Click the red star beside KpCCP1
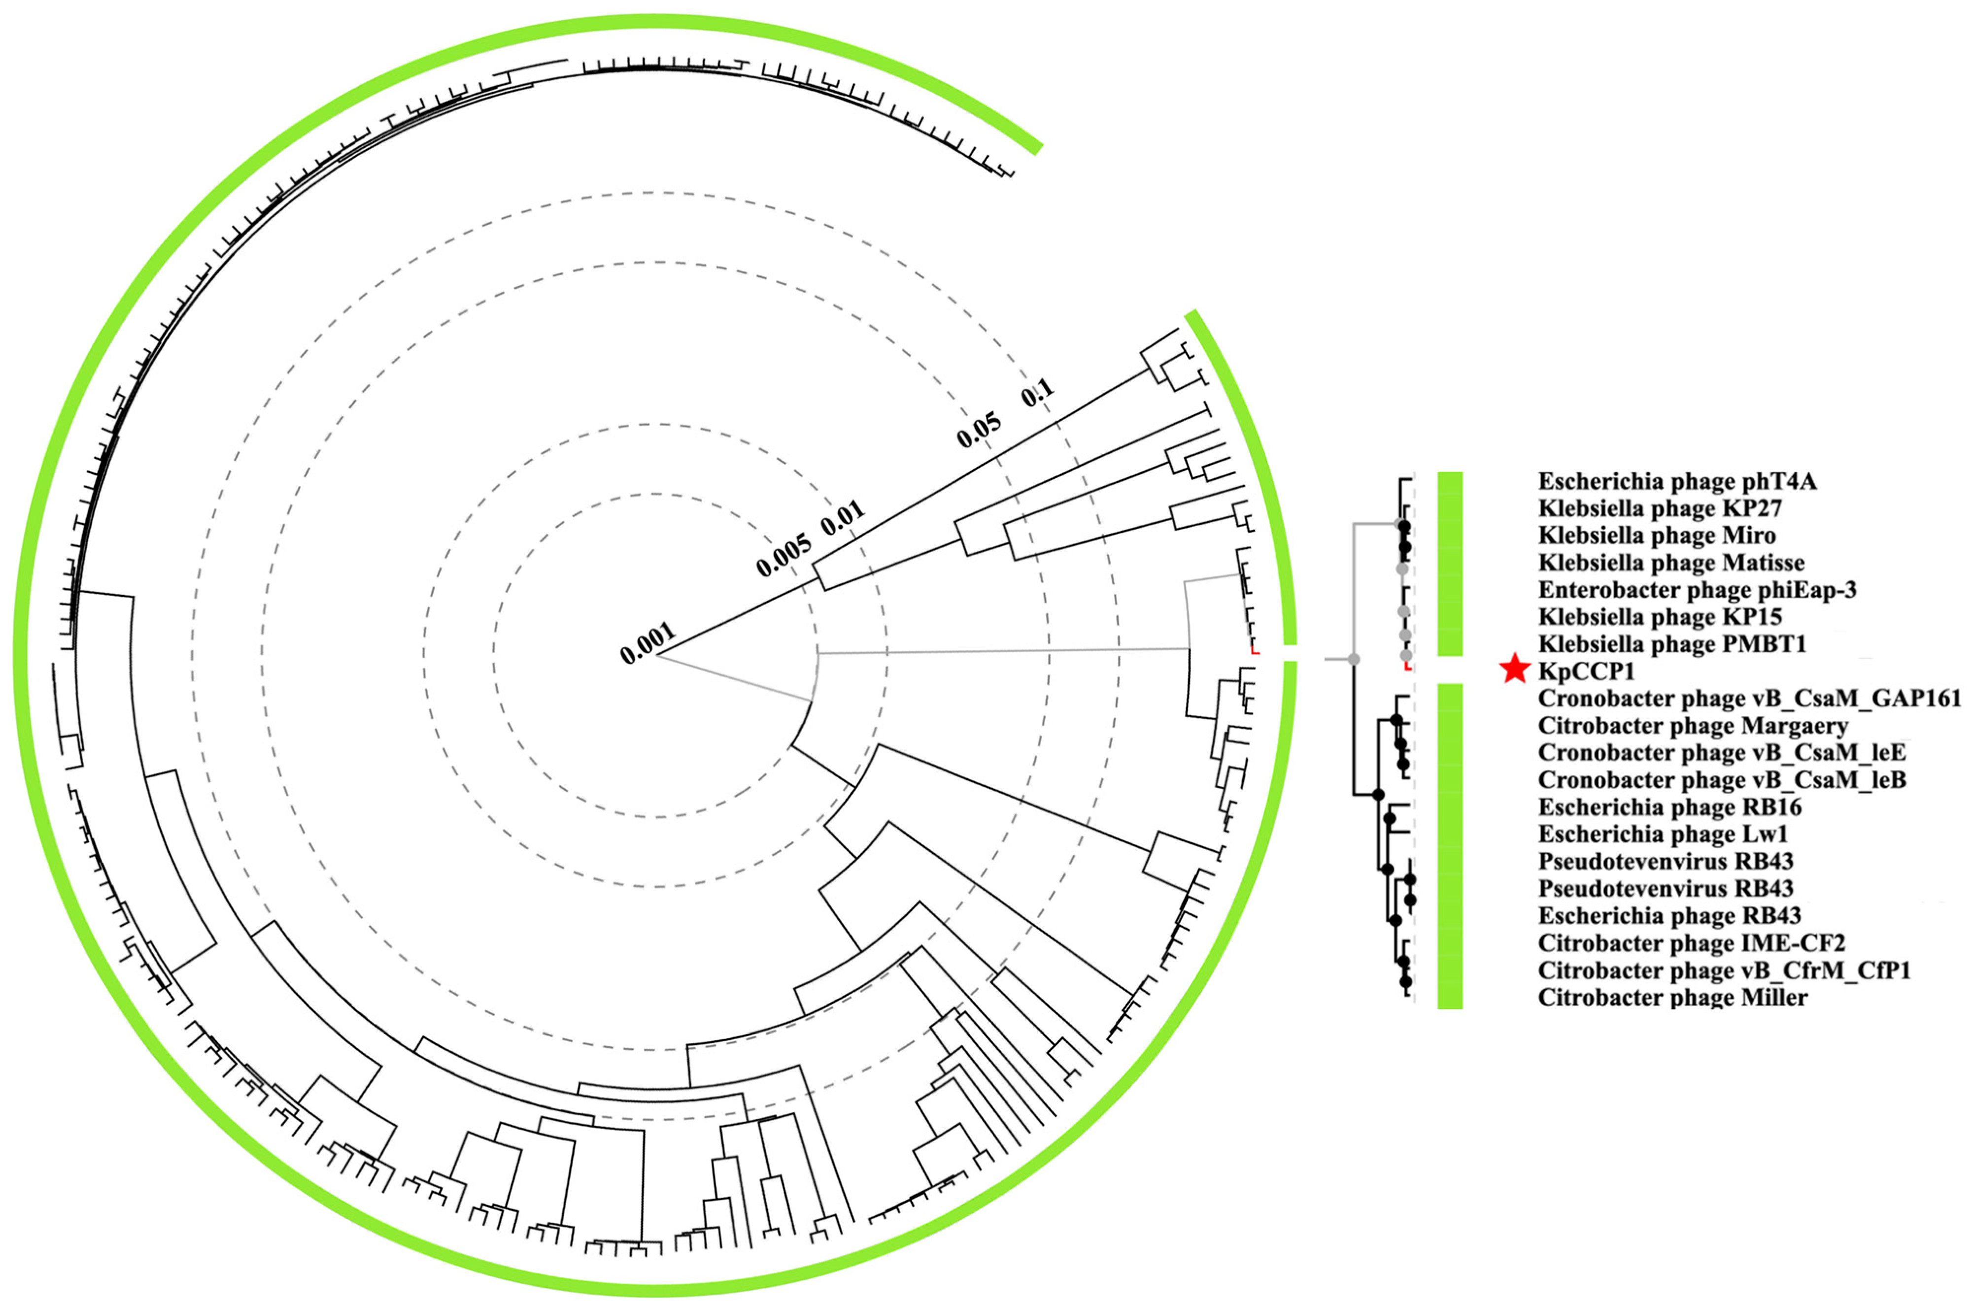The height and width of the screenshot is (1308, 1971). (1514, 670)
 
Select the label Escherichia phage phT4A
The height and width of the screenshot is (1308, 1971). (1676, 481)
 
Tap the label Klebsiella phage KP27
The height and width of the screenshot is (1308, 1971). (1660, 508)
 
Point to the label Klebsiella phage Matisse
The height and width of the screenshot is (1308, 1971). (1671, 562)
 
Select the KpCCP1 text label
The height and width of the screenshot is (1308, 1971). (1587, 671)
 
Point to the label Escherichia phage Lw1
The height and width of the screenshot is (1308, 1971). (1663, 834)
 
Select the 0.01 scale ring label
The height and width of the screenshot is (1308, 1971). (843, 519)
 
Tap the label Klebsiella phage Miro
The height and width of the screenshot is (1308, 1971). (1657, 535)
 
